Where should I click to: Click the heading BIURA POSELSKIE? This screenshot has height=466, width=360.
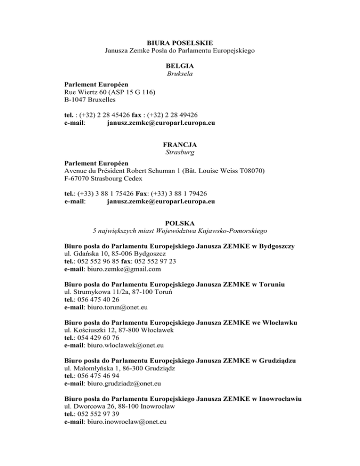pyautogui.click(x=180, y=42)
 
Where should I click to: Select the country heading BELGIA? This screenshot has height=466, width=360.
pyautogui.click(x=180, y=66)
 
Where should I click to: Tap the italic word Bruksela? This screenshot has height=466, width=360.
pyautogui.click(x=180, y=74)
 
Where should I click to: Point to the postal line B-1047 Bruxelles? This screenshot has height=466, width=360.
pyautogui.click(x=91, y=99)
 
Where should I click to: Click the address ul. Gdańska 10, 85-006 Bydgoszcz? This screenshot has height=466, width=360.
pyautogui.click(x=115, y=254)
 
